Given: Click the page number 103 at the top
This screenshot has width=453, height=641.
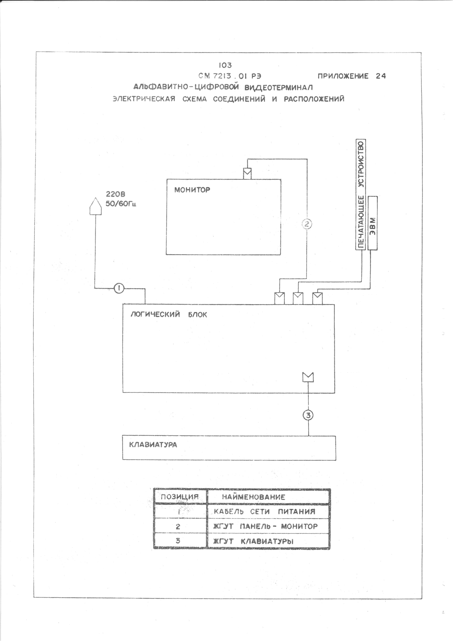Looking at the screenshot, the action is click(225, 65).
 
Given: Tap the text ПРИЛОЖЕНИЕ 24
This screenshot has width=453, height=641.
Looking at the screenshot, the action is click(352, 76).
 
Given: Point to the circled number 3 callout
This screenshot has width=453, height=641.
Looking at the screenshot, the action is click(308, 415).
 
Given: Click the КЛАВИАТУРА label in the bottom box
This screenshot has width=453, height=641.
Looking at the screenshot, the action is click(153, 445).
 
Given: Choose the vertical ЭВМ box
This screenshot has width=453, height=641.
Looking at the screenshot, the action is click(373, 223).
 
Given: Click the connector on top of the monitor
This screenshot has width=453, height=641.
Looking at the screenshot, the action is click(247, 173).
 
